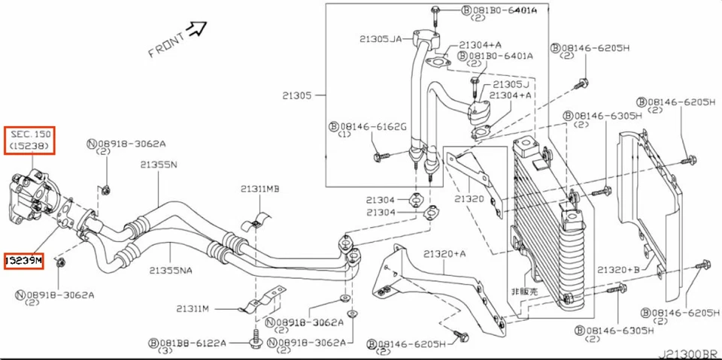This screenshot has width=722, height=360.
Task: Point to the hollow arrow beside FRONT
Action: [197, 29]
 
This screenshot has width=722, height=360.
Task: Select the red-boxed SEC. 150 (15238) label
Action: [31, 140]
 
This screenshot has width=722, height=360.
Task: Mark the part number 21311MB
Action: [259, 189]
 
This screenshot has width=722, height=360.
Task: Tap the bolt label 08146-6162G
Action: [372, 126]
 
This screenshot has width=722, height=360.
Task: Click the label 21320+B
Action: [619, 269]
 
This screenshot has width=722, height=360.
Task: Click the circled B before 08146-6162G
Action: [334, 126]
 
